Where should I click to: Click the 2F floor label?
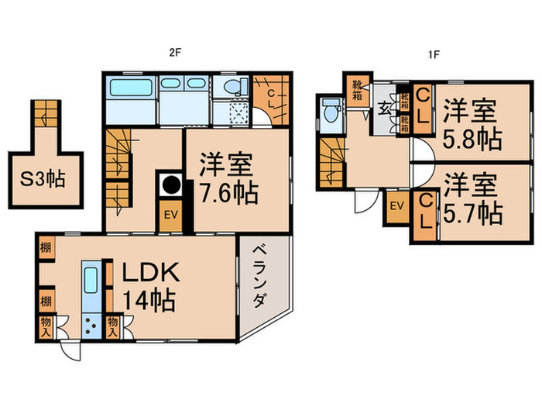pyautogui.click(x=174, y=55)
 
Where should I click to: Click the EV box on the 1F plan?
pyautogui.click(x=397, y=205)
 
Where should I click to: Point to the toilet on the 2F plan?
pyautogui.click(x=231, y=89)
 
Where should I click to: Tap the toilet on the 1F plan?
pyautogui.click(x=331, y=113)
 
